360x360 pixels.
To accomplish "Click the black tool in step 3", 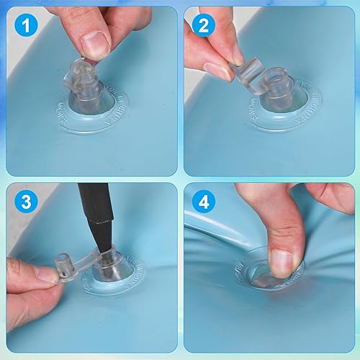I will [94, 216].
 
